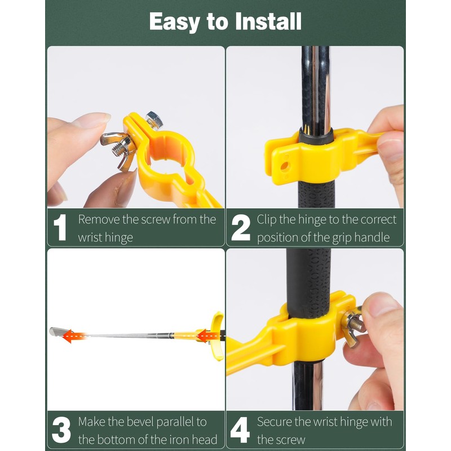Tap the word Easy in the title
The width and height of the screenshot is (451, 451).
pyautogui.click(x=174, y=22)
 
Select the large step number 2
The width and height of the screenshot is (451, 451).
pyautogui.click(x=241, y=228)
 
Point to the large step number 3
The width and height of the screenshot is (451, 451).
pyautogui.click(x=61, y=431)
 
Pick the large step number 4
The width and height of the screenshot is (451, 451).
pyautogui.click(x=240, y=431)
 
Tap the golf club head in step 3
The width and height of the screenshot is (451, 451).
pyautogui.click(x=56, y=331)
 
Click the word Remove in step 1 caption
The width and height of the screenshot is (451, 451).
pyautogui.click(x=99, y=219)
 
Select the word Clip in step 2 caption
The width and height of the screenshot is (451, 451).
pyautogui.click(x=267, y=219)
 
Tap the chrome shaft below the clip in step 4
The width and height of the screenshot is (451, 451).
pyautogui.click(x=308, y=383)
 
